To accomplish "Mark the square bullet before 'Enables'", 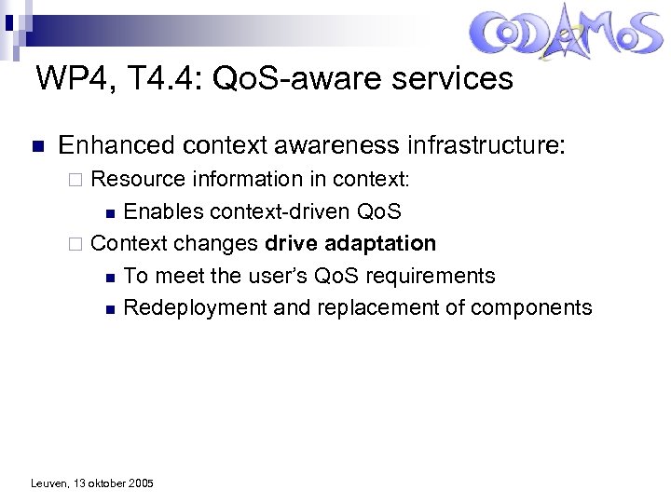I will pyautogui.click(x=110, y=212).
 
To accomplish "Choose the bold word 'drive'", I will pyautogui.click(x=291, y=243).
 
